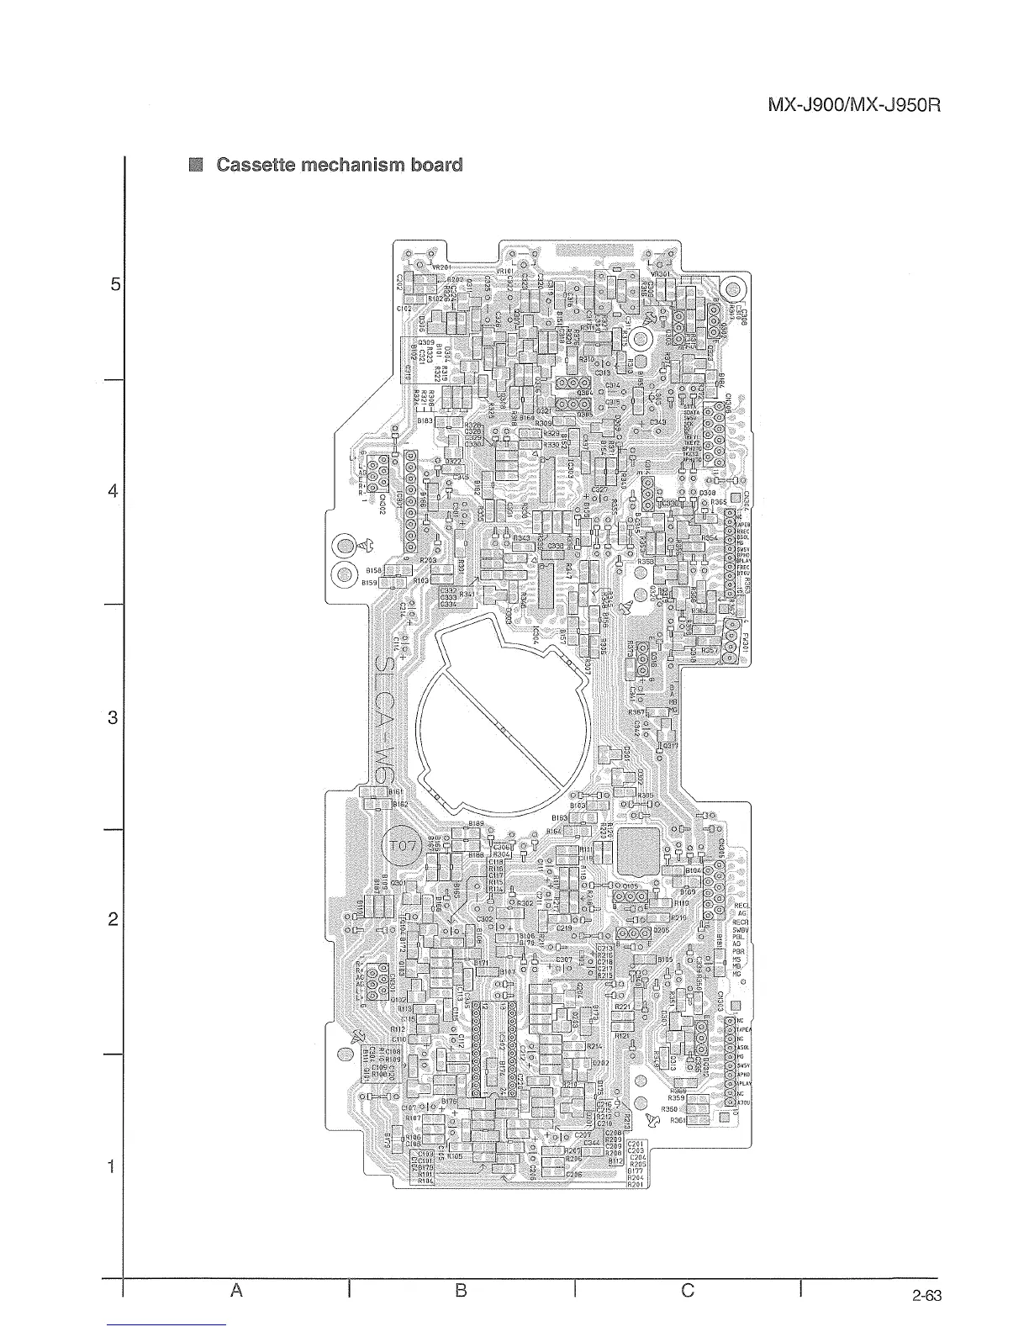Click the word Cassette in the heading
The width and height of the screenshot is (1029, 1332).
[256, 165]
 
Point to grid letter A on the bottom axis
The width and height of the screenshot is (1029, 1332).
[237, 1289]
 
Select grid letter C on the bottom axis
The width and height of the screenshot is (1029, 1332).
[688, 1289]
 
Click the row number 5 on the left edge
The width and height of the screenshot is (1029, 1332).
[114, 284]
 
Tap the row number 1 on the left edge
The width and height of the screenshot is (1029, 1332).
[112, 1166]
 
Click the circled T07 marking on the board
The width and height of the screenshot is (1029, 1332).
[402, 846]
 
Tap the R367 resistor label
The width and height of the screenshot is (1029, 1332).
[636, 712]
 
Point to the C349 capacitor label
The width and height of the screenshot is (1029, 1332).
[658, 422]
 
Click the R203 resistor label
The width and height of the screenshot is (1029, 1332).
[427, 559]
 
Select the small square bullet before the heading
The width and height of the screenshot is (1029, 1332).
[196, 165]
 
